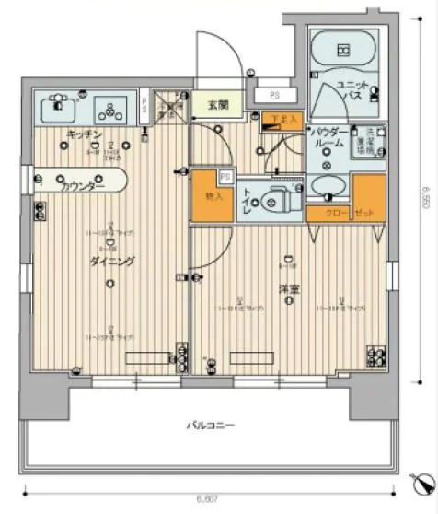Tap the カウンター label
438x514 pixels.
pos(83,185)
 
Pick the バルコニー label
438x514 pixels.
pos(212,426)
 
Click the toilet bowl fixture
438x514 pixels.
pos(273,196)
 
